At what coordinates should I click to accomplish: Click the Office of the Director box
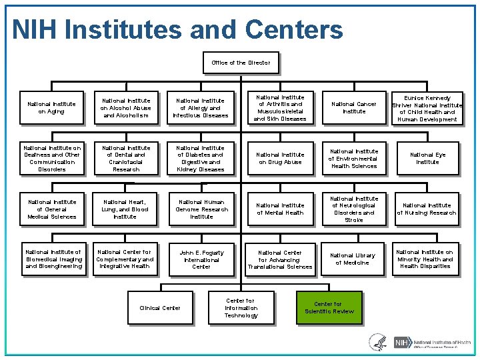[241, 63]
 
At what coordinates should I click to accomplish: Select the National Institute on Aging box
[51, 108]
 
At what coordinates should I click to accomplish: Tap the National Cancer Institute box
[354, 108]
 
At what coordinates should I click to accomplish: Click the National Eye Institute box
[427, 159]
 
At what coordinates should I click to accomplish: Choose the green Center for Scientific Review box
[329, 308]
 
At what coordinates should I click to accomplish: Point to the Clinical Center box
[159, 308]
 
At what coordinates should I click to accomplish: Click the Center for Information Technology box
[241, 308]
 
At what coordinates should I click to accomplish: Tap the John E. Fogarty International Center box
[201, 259]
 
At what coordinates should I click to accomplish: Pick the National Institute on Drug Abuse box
[280, 159]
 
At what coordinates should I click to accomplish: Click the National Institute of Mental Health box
[280, 209]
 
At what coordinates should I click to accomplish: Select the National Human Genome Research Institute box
[201, 209]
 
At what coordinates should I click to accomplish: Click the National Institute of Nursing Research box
[427, 209]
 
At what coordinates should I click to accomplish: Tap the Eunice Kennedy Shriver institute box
[427, 108]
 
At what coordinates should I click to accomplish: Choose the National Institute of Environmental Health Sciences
[354, 159]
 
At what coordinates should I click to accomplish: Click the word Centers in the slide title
[294, 29]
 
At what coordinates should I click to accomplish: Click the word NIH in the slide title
[37, 29]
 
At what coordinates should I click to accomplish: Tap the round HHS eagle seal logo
[377, 342]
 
